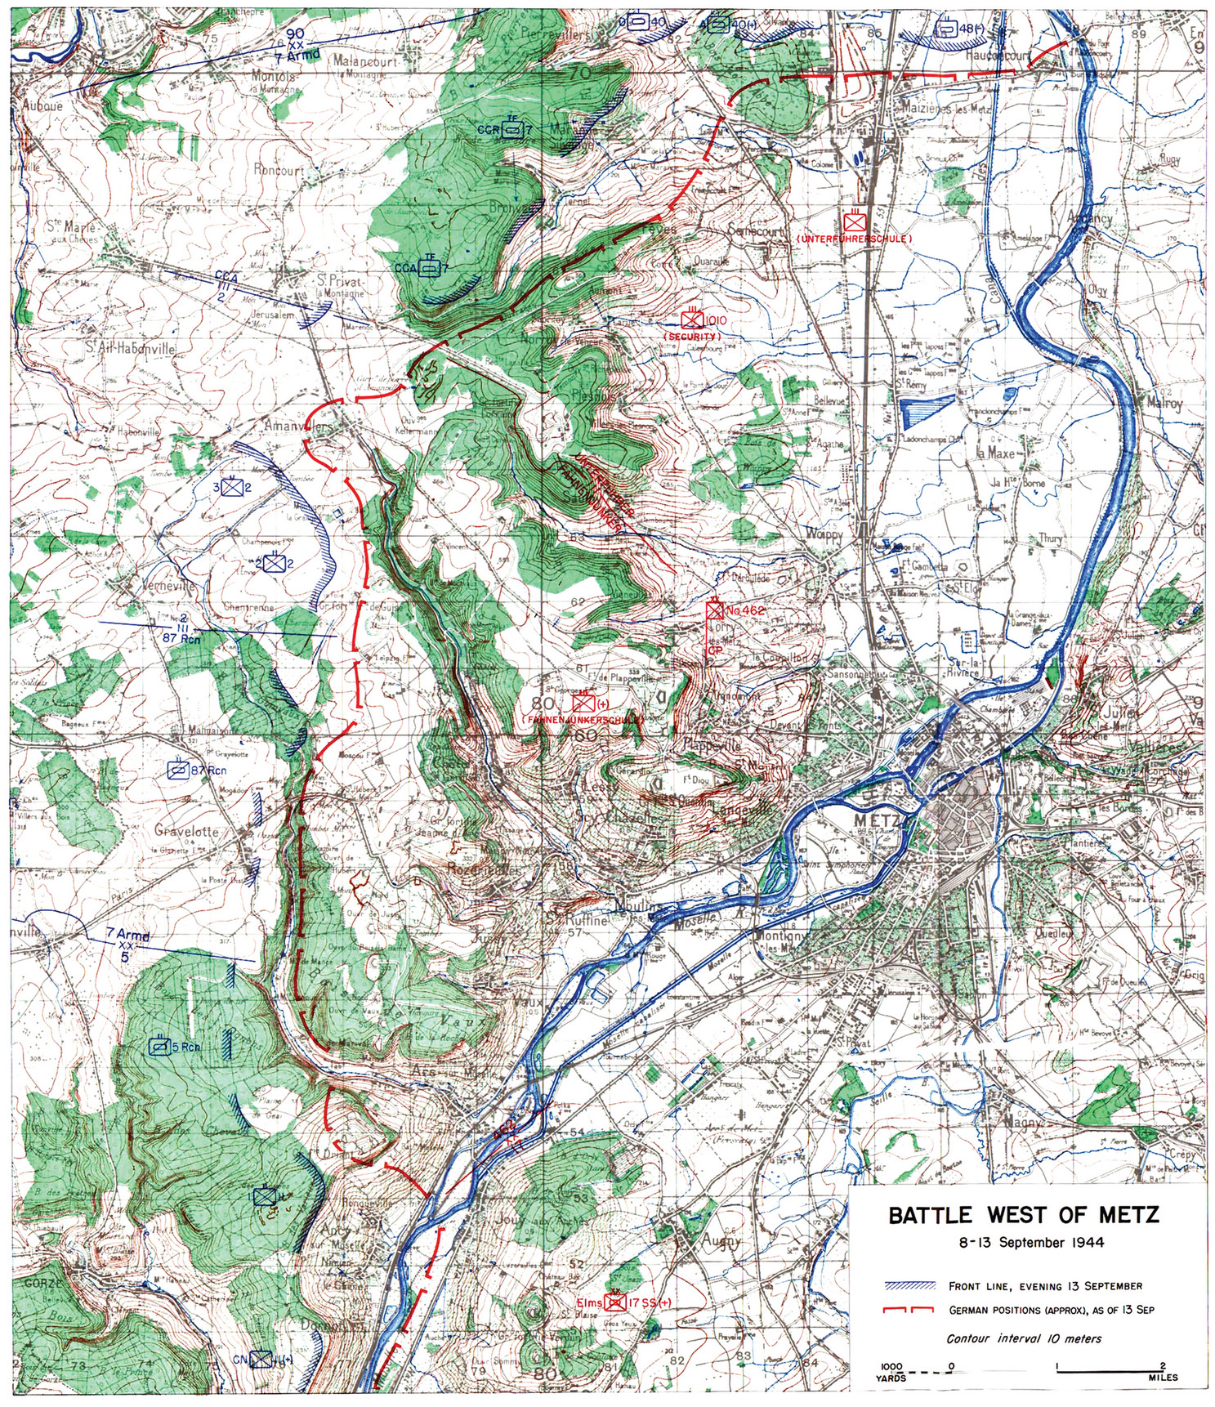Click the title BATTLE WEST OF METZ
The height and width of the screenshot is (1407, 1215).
[x=1023, y=1215]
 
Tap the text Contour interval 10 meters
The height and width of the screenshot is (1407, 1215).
[x=1024, y=1338]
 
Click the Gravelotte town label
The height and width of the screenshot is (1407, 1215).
[x=186, y=831]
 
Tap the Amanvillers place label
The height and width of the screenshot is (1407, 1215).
[x=298, y=427]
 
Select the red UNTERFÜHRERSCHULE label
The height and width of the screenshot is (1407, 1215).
[x=853, y=238]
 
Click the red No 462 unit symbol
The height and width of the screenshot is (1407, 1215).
[x=716, y=610]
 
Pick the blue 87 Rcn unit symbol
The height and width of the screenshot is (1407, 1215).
[x=177, y=769]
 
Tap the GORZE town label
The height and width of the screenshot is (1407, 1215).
[x=41, y=1282]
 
